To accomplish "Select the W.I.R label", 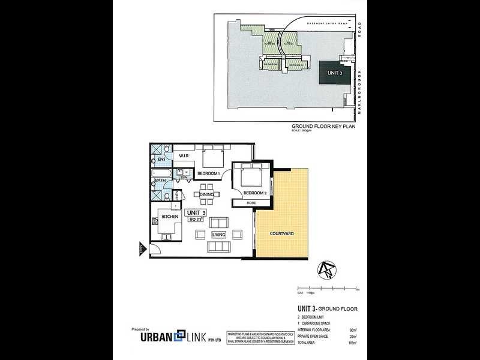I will coord(184,158).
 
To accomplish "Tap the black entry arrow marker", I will coord(142,249).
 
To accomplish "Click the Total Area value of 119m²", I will coord(353,343).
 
